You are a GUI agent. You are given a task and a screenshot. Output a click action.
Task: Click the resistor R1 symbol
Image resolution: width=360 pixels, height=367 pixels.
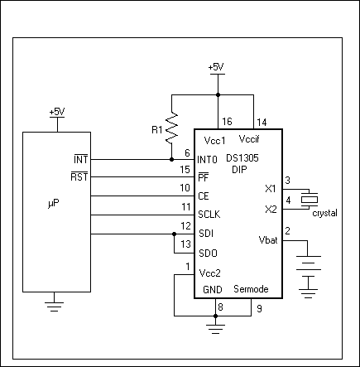point(172,128)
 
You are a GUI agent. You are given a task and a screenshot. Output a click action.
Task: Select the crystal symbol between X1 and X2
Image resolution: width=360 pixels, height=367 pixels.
point(309,199)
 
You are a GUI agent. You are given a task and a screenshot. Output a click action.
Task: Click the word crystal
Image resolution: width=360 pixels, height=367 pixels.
point(324,214)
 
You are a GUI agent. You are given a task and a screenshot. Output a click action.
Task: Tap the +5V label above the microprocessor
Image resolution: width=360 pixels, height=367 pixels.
point(57,111)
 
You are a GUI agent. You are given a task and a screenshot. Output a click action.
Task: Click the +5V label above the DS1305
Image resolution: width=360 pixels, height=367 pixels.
point(216,67)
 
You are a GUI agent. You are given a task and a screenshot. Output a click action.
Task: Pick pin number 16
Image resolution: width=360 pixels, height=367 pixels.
point(227,122)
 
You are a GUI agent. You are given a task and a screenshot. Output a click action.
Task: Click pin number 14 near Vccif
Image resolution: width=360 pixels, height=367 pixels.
point(261,122)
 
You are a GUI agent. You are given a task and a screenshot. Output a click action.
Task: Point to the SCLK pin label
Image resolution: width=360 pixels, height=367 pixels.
point(209,215)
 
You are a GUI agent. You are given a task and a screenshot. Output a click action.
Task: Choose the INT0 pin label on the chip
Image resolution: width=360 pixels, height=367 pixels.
point(208,158)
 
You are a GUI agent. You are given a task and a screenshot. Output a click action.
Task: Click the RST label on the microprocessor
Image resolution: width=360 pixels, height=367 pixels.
point(79,176)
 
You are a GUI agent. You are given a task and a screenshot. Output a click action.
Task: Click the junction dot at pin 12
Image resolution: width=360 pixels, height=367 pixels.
point(172,234)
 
